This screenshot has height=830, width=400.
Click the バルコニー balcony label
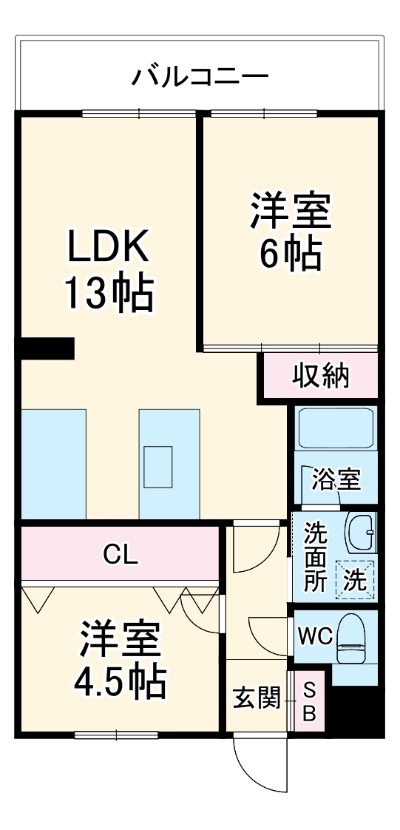(200, 77)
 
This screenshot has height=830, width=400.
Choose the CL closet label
(121, 554)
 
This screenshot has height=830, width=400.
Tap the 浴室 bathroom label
(336, 480)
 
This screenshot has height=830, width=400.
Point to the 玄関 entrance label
(257, 698)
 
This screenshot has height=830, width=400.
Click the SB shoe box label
(310, 701)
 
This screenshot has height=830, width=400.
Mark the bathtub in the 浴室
(336, 428)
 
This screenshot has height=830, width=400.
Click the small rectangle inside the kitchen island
(158, 467)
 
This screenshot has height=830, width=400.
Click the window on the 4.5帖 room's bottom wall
(116, 735)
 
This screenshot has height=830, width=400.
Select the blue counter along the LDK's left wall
(53, 463)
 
